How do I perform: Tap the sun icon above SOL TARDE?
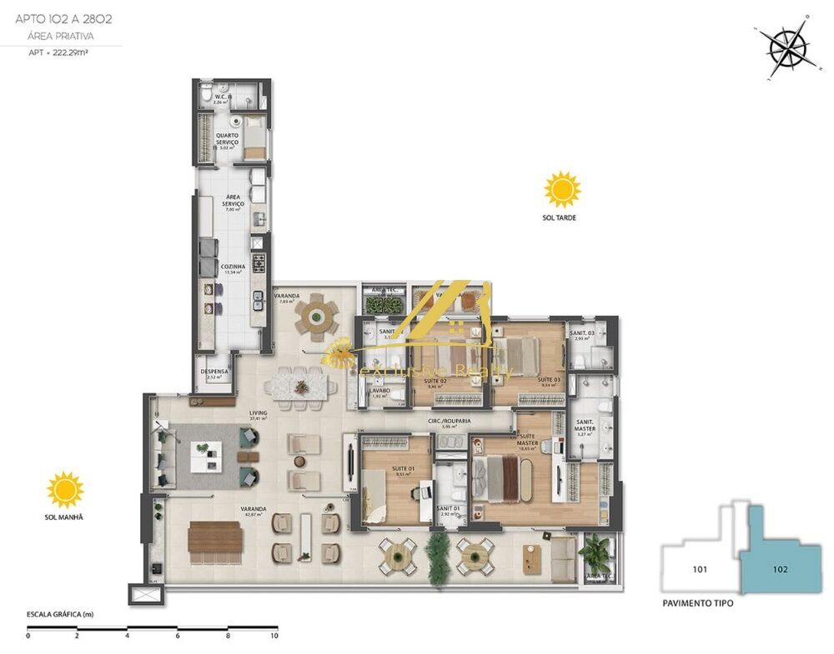[x=562, y=190]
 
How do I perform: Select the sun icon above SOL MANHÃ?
[x=65, y=490]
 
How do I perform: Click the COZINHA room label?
[x=231, y=267]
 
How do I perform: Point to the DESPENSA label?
[x=214, y=372]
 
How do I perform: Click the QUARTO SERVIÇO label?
[x=227, y=139]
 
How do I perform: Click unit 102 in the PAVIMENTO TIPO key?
[x=780, y=570]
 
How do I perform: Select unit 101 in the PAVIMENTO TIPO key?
[x=700, y=570]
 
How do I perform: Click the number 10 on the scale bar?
[x=274, y=636]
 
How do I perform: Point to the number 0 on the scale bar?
[x=28, y=636]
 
